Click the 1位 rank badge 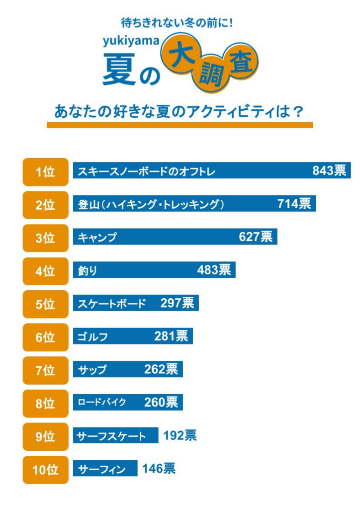click(45, 171)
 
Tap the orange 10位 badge click(45, 469)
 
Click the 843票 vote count click(329, 170)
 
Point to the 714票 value click(294, 203)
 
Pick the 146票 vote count click(159, 468)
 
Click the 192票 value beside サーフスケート click(180, 435)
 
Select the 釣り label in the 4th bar click(88, 270)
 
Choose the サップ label click(92, 370)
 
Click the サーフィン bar click(105, 469)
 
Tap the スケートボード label click(112, 304)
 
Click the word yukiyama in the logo click(131, 41)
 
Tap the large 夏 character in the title click(119, 70)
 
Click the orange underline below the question click(180, 125)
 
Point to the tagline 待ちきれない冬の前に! click(177, 22)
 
